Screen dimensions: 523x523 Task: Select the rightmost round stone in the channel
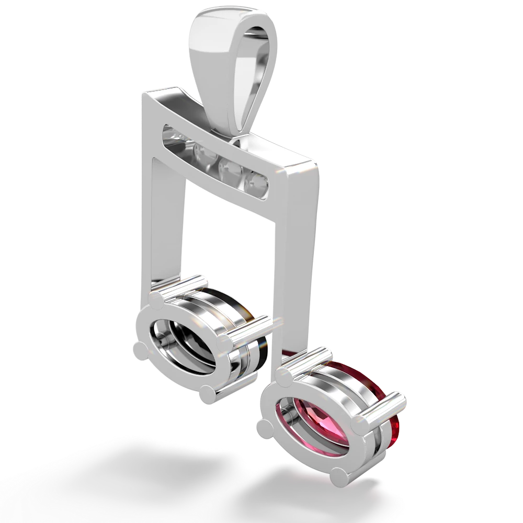point(257,181)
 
